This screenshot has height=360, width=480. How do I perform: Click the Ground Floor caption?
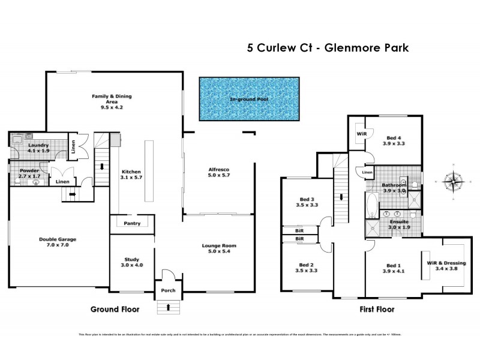115,310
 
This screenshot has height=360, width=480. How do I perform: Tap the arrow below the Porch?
167,308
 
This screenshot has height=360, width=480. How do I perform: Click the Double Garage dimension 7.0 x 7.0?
59,245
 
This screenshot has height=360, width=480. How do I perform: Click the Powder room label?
29,171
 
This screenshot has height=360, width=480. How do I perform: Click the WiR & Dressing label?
446,263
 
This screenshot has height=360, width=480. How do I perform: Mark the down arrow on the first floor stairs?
341,197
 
